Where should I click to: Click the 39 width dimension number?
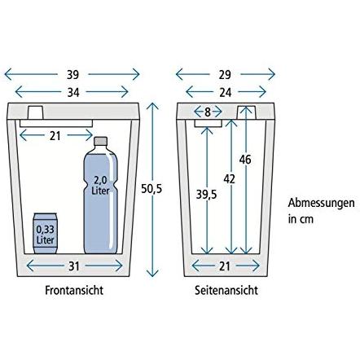point(72,75)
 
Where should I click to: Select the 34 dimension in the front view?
point(73,93)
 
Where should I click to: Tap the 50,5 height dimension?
point(151,189)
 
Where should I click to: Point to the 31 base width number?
point(73,266)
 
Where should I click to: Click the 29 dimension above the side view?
point(225,75)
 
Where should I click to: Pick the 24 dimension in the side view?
point(226,93)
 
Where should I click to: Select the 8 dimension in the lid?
point(208,112)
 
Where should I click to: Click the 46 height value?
point(245,160)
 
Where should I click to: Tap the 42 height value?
point(229,179)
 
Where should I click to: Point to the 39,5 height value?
point(206,195)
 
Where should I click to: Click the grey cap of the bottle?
point(100,141)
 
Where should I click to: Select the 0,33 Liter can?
point(45,234)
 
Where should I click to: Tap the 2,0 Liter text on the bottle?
point(100,185)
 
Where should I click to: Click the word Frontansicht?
point(74,290)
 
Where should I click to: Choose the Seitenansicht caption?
point(226,290)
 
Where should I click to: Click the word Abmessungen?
point(321,204)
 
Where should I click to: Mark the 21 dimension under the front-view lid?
point(55,136)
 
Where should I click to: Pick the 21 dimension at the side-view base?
point(225,266)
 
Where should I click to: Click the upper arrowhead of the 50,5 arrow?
point(152,106)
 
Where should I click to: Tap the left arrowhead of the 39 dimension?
point(8,74)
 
